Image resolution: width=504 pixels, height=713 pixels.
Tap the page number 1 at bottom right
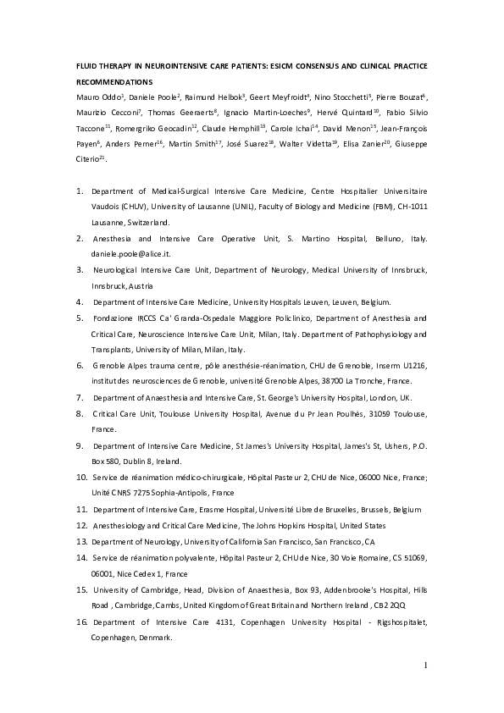(x=425, y=666)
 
